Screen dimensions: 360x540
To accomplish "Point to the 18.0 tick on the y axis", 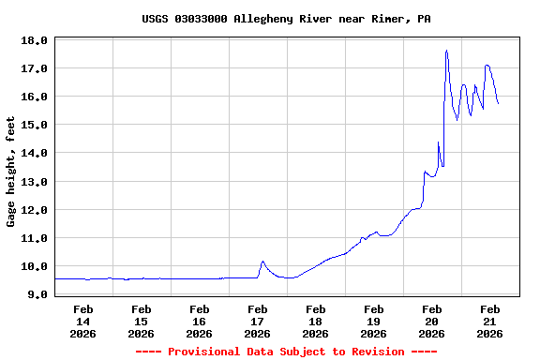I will (34, 40).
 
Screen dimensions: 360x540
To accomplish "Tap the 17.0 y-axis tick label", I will (34, 68).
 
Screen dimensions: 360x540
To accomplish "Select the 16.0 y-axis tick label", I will (34, 97).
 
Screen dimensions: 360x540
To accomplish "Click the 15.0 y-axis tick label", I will (34, 125).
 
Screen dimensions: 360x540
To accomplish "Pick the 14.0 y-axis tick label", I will (34, 153).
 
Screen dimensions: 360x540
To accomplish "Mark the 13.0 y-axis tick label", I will (34, 181).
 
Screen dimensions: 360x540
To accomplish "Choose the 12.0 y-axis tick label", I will (34, 210).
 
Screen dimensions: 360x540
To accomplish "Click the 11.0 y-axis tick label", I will (34, 238).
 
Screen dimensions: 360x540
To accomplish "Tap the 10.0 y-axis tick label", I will (34, 266).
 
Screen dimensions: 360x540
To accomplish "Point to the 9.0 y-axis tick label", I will (37, 294).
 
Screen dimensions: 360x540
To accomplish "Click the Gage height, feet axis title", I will (11, 172).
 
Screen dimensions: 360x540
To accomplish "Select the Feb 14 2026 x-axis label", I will (82, 321).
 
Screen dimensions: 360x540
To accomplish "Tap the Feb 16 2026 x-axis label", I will (199, 321).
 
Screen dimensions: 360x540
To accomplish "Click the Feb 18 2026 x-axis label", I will (315, 321).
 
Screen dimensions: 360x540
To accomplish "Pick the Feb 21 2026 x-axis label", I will (489, 321).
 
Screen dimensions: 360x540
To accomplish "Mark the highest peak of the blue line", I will (446, 51).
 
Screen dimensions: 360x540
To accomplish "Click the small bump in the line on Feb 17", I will (262, 262).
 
